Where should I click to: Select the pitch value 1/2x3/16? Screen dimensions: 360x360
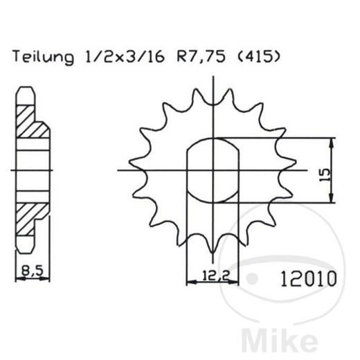pyautogui.click(x=112, y=56)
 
